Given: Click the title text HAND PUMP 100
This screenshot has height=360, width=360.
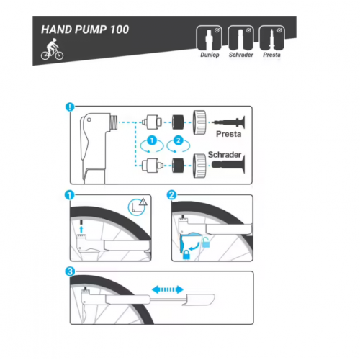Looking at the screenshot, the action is [x=85, y=30].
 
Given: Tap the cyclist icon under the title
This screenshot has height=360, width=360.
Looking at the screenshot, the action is [x=52, y=49].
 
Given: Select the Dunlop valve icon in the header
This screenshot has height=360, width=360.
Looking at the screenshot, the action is [x=209, y=38].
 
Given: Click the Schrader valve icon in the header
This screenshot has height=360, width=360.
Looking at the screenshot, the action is [x=240, y=38].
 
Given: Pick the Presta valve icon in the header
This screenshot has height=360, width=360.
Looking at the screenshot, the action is [x=271, y=38].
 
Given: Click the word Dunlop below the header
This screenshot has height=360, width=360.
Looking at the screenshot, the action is [x=210, y=55].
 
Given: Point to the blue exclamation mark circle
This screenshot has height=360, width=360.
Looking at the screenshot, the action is [x=70, y=107].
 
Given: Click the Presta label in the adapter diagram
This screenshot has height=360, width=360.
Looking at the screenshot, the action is [x=228, y=134].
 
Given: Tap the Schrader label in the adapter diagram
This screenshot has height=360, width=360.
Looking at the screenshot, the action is [x=225, y=155].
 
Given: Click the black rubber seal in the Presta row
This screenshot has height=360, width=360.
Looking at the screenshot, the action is [x=178, y=122].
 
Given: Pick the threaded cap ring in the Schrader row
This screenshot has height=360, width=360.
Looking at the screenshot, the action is [x=199, y=166].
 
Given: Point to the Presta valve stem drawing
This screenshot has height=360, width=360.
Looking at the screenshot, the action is [x=229, y=122].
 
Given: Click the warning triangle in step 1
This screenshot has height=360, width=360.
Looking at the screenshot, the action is [x=143, y=202].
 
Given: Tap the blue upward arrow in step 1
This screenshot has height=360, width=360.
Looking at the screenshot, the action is [x=81, y=229].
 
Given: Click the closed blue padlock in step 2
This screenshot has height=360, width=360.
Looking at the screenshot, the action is [x=186, y=255].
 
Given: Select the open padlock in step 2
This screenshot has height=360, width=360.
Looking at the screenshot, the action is [x=206, y=243].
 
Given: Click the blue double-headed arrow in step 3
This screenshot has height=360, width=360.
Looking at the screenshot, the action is [x=168, y=289].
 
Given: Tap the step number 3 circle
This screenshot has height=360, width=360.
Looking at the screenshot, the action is [x=70, y=271].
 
